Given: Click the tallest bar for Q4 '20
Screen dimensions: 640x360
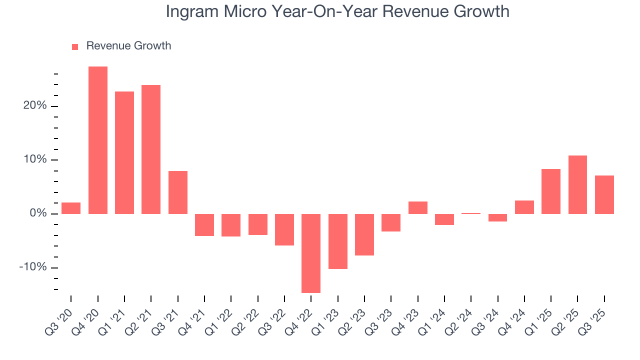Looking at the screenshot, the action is coord(98,140).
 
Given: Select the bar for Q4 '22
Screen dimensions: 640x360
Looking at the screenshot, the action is coord(311,253).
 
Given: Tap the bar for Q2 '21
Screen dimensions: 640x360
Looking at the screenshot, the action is coord(151,149).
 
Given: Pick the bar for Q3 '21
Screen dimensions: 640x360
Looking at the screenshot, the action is coord(178,192).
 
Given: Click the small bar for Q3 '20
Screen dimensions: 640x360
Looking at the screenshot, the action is coord(71,208).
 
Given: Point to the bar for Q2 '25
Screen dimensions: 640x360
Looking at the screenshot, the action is coord(577,184).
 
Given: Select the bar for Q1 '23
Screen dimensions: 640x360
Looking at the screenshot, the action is coord(338,241).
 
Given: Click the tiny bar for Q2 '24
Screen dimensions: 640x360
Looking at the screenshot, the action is coord(471,213).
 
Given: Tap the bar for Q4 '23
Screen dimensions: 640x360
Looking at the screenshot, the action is coord(418,207).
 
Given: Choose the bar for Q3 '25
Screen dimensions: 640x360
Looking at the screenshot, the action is coord(604,194).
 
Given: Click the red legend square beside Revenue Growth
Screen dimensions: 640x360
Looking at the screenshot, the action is coord(75,46).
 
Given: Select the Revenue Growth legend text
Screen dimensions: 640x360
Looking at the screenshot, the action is coord(128,46).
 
